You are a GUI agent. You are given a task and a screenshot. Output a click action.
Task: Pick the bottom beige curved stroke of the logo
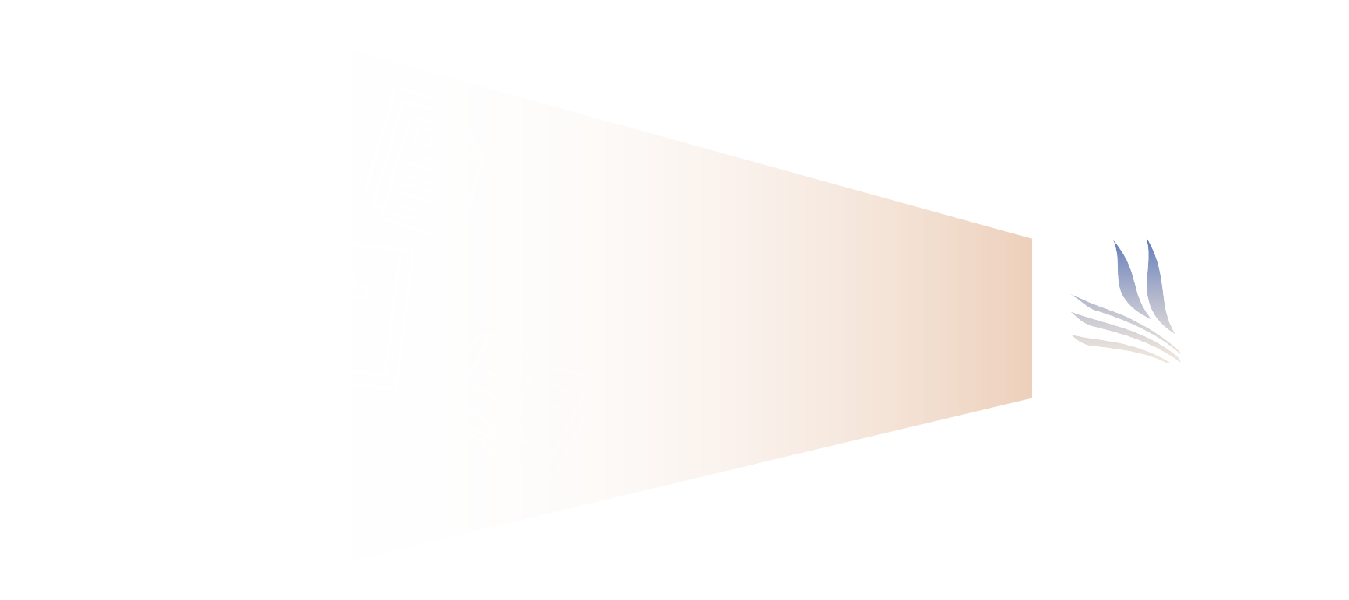point(1121,345)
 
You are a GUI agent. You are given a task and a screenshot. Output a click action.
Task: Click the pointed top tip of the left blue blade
point(1115,243)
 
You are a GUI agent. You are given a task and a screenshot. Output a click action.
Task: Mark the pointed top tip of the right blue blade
point(1149,241)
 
